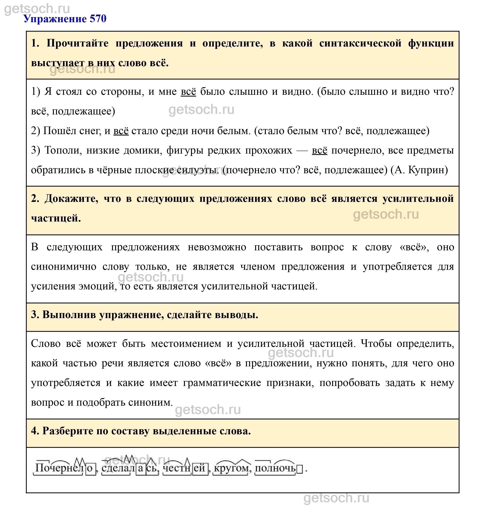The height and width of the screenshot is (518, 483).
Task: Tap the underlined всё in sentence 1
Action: pyautogui.click(x=188, y=92)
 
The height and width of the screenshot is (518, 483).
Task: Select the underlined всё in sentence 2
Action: pyautogui.click(x=121, y=131)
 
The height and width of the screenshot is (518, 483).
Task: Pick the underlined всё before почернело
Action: pyautogui.click(x=320, y=150)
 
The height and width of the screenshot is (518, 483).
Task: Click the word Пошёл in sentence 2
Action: pyautogui.click(x=59, y=131)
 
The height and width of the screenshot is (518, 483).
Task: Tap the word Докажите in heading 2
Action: pyautogui.click(x=72, y=199)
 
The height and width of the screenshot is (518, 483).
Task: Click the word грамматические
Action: pyautogui.click(x=222, y=383)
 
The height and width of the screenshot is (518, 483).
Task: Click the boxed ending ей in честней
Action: pyautogui.click(x=200, y=468)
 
